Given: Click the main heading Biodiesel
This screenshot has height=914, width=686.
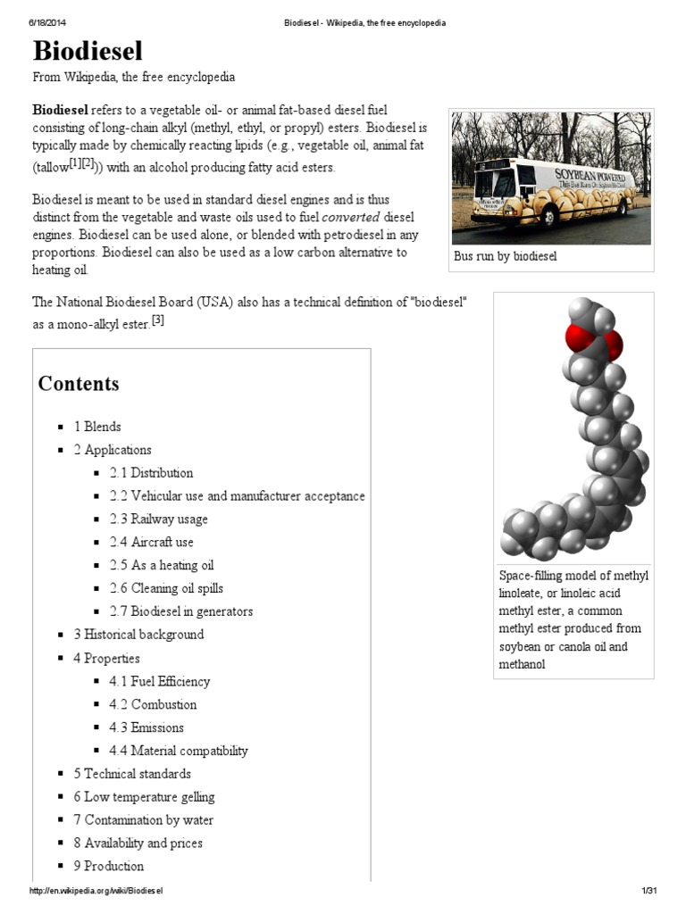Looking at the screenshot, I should coord(88,50).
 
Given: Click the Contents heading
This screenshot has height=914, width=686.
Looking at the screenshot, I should coord(79,384).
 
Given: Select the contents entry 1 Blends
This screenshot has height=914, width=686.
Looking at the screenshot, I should coord(97,427).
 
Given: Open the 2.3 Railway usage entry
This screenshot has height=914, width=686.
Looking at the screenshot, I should coord(158,519).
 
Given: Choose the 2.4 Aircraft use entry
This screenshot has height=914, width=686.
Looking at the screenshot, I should coord(151,543).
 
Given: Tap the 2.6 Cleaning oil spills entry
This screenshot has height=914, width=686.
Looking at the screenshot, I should coord(166,589).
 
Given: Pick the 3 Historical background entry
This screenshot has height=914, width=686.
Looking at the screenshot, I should coord(138,635).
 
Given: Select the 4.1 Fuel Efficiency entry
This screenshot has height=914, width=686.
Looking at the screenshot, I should coord(159,682).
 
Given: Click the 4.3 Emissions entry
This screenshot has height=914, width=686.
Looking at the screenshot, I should coord(146,728).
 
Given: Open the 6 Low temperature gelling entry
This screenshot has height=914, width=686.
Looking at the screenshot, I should coord(144,797).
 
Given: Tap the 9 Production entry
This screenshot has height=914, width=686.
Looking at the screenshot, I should coord(108,867).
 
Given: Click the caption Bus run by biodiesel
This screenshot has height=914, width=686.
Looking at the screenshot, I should coord(506,257).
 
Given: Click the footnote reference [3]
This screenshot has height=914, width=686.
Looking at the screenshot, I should coord(157,321).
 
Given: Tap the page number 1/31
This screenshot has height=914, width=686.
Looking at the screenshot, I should coord(648,892).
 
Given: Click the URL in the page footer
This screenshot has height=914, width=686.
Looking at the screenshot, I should coord(96,892).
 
